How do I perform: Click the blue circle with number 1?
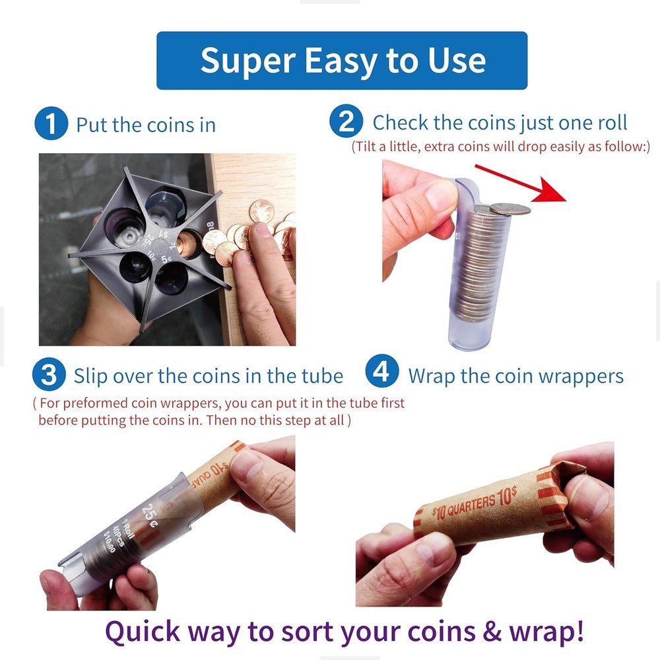tap(51, 125)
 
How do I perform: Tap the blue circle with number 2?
tap(346, 123)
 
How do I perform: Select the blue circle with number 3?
tap(49, 376)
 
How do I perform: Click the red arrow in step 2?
tap(528, 182)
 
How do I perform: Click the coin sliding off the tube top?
tap(509, 209)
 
